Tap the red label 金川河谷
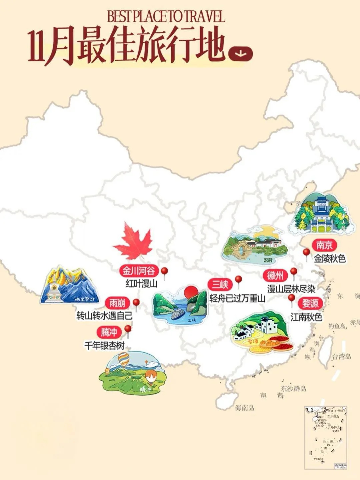[x=138, y=271]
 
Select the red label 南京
[x=324, y=246]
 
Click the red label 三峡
[x=220, y=285]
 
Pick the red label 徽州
[x=275, y=276]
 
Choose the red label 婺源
[x=310, y=303]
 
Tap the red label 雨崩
[x=117, y=303]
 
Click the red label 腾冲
[x=109, y=332]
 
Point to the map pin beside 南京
[x=306, y=253]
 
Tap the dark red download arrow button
[x=241, y=53]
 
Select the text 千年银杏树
[x=104, y=346]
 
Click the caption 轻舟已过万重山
[x=237, y=298]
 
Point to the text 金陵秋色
[x=330, y=259]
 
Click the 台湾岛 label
[x=341, y=356]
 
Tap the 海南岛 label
[x=244, y=408]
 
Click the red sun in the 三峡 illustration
[x=191, y=291]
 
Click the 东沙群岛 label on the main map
[x=293, y=388]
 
